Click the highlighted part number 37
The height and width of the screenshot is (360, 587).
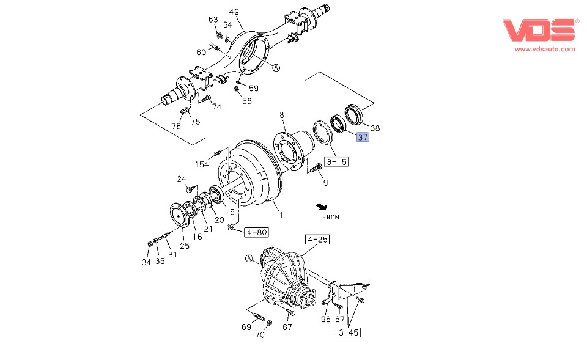point(363,138)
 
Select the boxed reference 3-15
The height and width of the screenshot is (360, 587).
point(336,162)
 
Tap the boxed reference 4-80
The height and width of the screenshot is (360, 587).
point(257,232)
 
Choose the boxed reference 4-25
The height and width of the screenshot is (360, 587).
point(317,240)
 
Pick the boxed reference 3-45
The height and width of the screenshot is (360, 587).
point(348,332)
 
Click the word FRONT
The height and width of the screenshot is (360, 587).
point(332,217)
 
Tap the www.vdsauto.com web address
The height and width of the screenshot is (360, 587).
point(545,49)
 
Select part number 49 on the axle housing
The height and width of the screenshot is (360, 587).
point(234,12)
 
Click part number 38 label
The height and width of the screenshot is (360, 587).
point(375,128)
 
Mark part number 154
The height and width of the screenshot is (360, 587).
point(202,164)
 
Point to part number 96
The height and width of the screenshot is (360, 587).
point(325,319)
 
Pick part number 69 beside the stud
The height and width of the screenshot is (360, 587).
point(246,327)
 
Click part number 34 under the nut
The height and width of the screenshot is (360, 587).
point(146,262)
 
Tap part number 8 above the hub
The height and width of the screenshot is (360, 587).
point(282,115)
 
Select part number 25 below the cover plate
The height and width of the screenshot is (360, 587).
point(185,246)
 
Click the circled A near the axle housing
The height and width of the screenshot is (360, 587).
point(276,68)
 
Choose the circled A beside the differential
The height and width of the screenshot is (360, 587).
point(249,259)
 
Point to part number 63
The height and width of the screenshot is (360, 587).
point(213,20)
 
